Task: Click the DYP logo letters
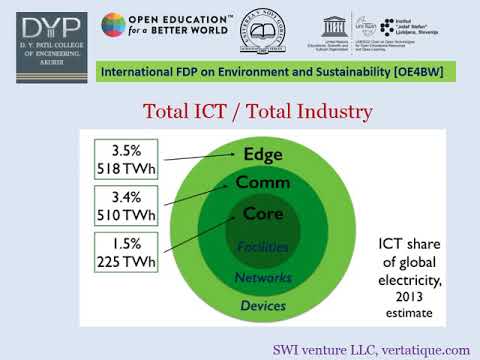coord(43,30)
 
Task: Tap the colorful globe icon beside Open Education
coord(115,29)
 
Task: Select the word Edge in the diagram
coord(264,154)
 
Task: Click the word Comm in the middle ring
coord(263,183)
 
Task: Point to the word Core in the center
coord(263,214)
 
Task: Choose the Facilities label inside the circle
coord(263,246)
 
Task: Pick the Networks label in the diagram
coord(263,277)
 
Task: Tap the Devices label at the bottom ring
coord(263,305)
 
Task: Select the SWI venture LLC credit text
coord(371,349)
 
